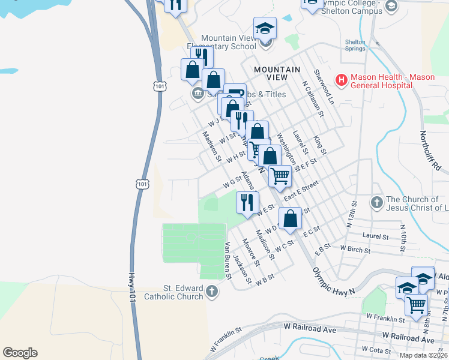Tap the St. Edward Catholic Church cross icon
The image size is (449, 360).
coord(211,292)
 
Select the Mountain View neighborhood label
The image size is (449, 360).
coord(277,73)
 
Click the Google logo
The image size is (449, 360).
coord(20,353)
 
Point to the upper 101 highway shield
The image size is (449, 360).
coord(159,86)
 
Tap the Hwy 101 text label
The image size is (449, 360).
coord(131,287)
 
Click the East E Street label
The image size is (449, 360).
coord(301,193)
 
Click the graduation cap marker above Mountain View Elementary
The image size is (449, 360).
coord(264,28)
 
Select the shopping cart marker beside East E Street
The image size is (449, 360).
coord(280,176)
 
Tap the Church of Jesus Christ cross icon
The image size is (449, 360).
coord(376,202)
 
